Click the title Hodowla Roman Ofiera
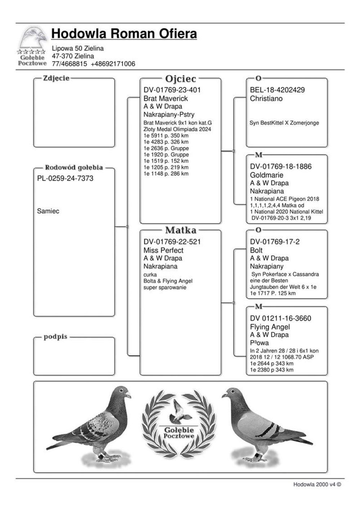124,34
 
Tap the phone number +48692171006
113,64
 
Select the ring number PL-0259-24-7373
65,178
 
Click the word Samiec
48,211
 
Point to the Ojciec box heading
180,78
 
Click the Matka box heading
180,230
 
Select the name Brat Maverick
166,98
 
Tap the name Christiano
266,98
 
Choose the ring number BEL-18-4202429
277,90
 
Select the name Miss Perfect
163,250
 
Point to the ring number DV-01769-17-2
275,242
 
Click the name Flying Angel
270,327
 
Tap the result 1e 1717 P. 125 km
273,293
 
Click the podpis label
55,337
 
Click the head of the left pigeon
122,392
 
